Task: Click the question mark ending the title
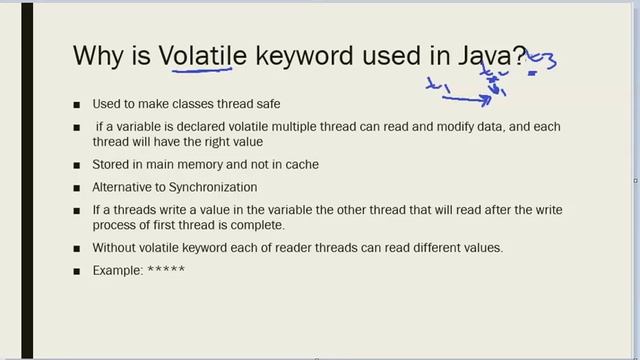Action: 519,54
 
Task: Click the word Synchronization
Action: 214,187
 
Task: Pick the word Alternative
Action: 125,187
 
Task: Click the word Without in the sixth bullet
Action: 115,247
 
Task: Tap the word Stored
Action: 112,165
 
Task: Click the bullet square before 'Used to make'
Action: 78,105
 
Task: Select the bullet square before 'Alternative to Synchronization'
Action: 78,188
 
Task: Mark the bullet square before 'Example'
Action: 78,271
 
